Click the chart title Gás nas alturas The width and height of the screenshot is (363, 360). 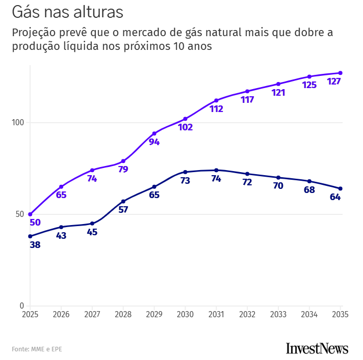(x=67, y=12)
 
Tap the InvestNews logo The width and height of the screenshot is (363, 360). (x=317, y=349)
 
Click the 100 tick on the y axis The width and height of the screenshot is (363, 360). (x=18, y=123)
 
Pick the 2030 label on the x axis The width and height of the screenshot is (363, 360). (x=186, y=315)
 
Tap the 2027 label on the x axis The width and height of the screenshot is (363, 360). (x=92, y=315)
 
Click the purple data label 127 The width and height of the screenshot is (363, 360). (x=334, y=81)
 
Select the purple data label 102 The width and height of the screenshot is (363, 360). (x=186, y=127)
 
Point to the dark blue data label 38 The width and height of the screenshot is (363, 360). (x=35, y=245)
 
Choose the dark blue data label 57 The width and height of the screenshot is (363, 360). (x=123, y=209)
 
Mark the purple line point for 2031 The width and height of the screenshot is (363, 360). (x=216, y=100)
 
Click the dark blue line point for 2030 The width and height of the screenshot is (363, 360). (x=185, y=172)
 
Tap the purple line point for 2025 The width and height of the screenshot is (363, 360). (x=30, y=214)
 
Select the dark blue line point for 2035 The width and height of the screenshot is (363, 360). (x=340, y=188)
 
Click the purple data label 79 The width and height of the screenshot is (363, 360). (x=123, y=170)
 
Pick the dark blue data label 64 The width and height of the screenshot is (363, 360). (x=335, y=197)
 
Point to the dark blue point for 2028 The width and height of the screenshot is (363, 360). (x=123, y=201)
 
